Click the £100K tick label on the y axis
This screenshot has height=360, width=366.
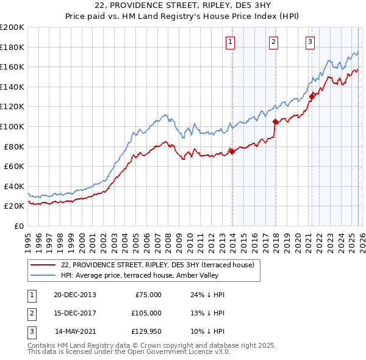12,126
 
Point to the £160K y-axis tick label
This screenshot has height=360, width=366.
12,67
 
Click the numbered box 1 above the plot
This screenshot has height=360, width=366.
231,42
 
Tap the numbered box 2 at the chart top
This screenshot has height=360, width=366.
273,42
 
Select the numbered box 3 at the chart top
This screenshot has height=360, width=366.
310,42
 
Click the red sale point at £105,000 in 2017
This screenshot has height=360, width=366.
275,121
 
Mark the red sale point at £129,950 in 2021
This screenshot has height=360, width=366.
312,96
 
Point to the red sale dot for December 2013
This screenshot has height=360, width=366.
232,151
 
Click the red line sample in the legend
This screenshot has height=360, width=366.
43,264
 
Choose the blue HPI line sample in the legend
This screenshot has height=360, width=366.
43,275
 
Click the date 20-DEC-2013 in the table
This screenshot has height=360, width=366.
74,295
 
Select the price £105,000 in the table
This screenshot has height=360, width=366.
146,312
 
